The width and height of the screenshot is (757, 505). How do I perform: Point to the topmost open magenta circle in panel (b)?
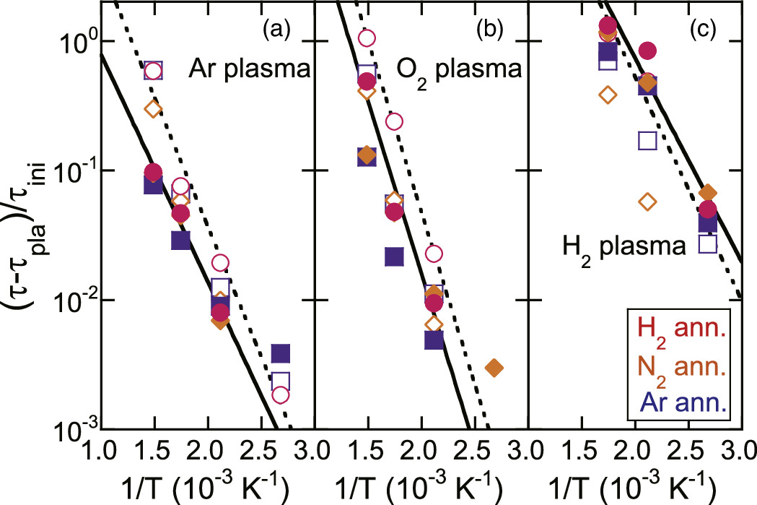[367, 38]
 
